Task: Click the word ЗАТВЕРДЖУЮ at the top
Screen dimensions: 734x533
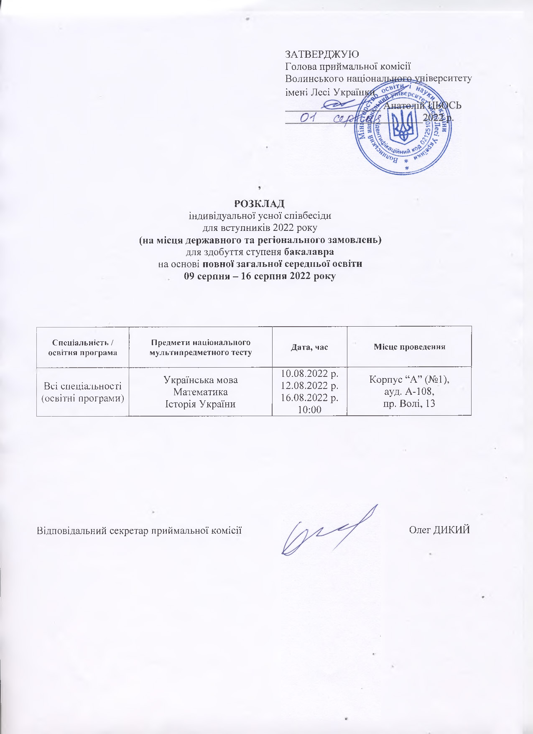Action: tap(321, 54)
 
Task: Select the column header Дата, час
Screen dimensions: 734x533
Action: tap(309, 347)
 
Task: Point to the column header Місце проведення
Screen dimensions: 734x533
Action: tap(409, 347)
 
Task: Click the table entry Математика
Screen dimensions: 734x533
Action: tap(201, 392)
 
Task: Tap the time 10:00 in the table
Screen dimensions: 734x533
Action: tap(309, 410)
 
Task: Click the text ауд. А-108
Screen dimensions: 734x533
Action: tap(409, 392)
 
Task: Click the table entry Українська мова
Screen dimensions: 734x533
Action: tap(201, 380)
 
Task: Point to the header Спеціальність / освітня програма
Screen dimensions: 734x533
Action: tap(83, 347)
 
